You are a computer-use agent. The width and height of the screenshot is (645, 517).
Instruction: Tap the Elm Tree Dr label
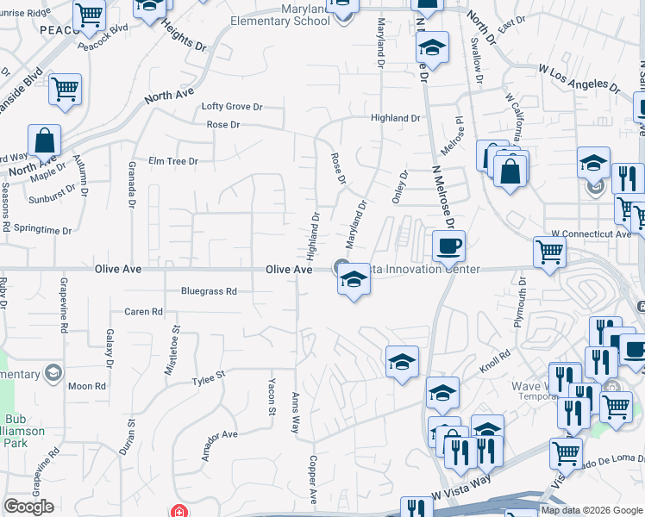173,161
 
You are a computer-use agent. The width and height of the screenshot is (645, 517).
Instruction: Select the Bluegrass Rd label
209,291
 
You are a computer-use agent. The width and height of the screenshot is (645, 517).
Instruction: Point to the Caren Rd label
143,312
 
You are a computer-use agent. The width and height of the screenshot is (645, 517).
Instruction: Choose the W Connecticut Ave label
591,234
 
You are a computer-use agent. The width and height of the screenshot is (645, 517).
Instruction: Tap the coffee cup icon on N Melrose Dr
448,246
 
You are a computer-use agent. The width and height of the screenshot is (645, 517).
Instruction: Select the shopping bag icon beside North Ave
44,140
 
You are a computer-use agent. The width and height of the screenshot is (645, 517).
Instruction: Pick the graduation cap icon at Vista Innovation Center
353,280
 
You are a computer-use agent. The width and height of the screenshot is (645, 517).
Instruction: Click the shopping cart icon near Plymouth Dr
549,252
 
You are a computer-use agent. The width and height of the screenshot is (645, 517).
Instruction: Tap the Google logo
28,507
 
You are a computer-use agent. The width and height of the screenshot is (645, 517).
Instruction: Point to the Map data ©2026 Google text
592,510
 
